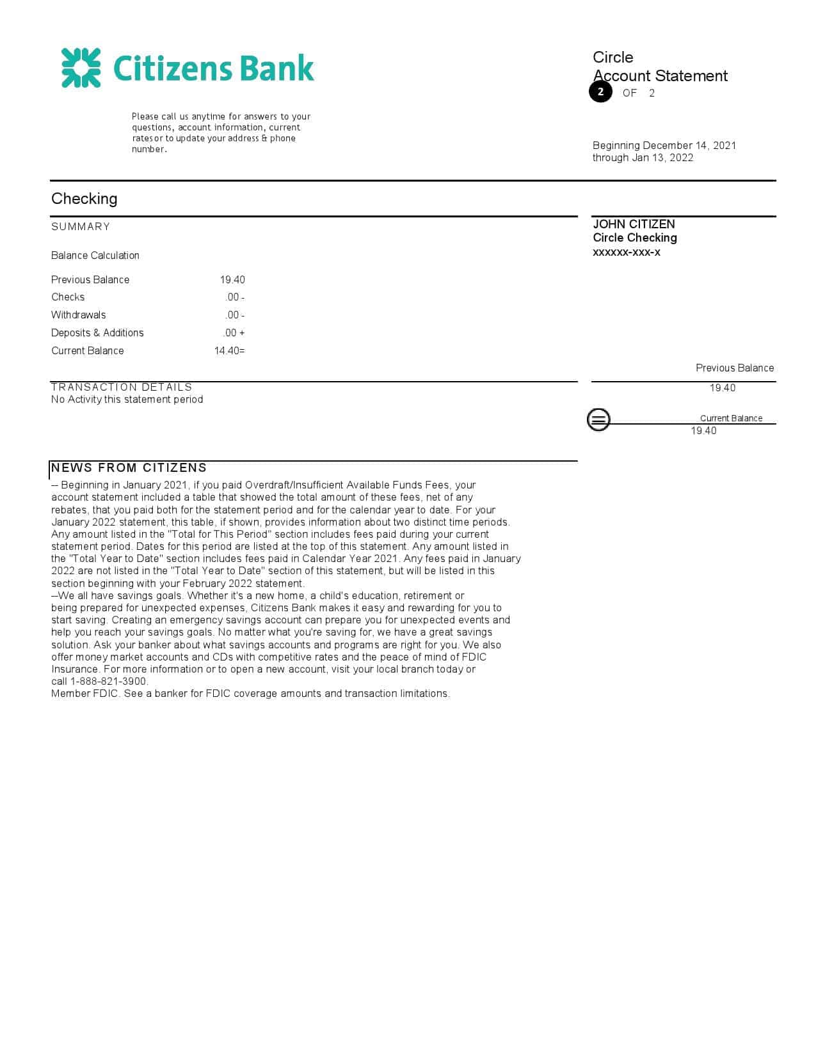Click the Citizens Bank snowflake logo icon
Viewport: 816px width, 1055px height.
point(81,68)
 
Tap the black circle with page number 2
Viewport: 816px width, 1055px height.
point(600,92)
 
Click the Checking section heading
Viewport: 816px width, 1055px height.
point(84,199)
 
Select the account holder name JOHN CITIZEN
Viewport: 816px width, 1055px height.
point(634,224)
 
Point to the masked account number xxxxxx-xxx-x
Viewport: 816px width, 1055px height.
point(627,253)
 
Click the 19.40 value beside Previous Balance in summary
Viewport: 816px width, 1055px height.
point(232,280)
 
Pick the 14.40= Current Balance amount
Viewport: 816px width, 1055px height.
point(229,351)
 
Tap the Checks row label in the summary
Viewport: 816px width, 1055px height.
point(68,297)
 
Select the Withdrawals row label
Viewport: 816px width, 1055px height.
point(79,315)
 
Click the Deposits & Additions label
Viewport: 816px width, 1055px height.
point(97,333)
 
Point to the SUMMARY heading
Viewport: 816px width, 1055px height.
point(81,227)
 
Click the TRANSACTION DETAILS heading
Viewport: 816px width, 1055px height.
point(122,387)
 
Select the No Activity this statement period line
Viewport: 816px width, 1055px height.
point(127,400)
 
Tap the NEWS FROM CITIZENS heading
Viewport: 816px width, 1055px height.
point(129,468)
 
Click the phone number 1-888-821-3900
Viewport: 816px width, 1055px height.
point(109,682)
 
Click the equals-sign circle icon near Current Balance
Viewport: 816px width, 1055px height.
point(598,420)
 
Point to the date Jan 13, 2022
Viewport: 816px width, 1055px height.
point(662,158)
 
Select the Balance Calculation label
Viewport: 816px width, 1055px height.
point(95,256)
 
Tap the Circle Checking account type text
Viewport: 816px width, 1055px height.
point(635,238)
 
